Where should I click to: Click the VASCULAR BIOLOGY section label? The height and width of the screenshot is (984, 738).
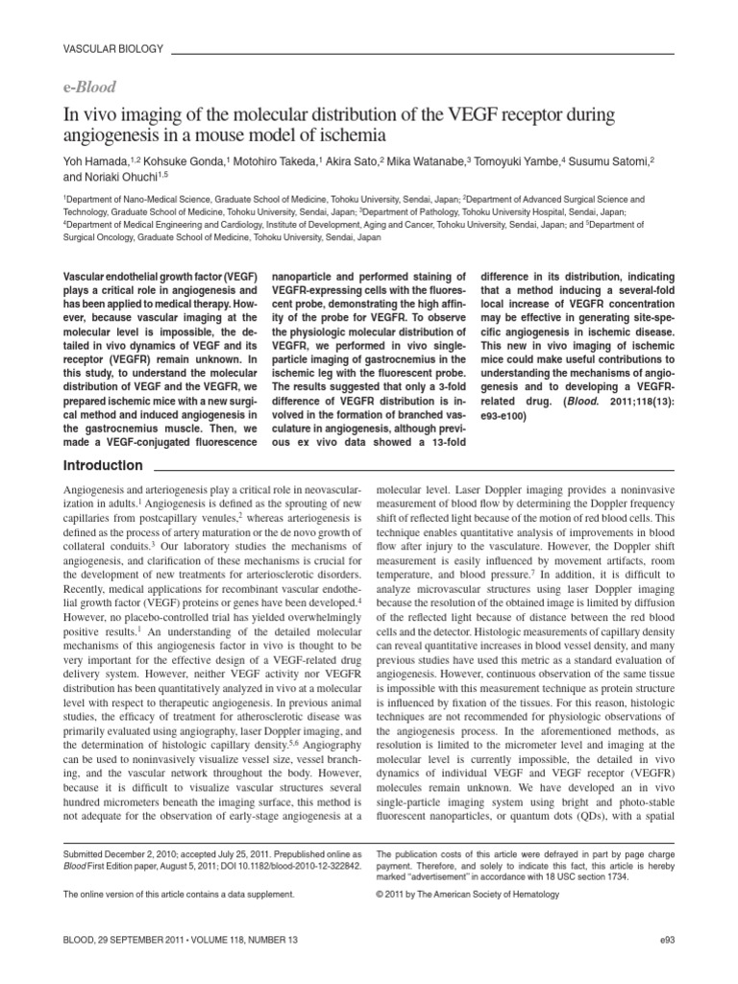click(112, 47)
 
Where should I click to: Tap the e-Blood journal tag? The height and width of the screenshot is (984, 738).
click(89, 86)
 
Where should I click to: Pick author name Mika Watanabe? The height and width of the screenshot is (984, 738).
click(429, 161)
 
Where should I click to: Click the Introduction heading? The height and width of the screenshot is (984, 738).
click(103, 466)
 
